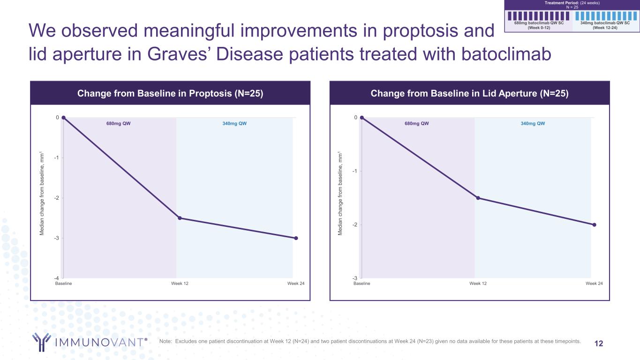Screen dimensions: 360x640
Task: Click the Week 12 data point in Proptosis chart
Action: click(x=180, y=218)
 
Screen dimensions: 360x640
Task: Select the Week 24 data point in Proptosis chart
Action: click(x=296, y=238)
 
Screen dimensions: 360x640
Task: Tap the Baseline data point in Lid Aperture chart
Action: click(x=361, y=118)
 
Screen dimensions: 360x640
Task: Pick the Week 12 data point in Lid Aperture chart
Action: click(x=478, y=198)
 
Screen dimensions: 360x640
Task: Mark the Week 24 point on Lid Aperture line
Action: click(x=594, y=225)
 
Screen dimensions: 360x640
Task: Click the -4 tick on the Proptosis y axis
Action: click(x=57, y=278)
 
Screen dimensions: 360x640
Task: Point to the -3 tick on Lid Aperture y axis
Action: click(x=355, y=278)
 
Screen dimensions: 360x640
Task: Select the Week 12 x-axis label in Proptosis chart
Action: click(x=180, y=284)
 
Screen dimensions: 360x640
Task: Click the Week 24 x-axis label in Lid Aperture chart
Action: click(x=594, y=284)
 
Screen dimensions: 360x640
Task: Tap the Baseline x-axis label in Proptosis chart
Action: click(x=63, y=284)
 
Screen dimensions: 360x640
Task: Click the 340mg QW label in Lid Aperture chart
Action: click(x=533, y=124)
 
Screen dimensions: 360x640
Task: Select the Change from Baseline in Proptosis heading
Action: click(x=170, y=93)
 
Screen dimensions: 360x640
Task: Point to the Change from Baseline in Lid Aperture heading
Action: click(x=469, y=93)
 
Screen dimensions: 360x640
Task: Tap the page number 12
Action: click(x=599, y=344)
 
